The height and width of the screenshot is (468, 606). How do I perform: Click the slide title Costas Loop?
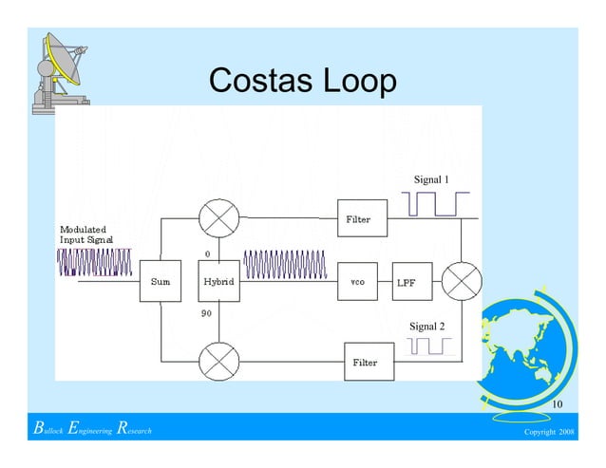pyautogui.click(x=302, y=82)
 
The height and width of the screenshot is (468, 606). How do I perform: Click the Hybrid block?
pyautogui.click(x=218, y=282)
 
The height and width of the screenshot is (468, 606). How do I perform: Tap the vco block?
pyautogui.click(x=358, y=282)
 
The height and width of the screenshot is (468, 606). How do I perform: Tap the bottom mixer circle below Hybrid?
pyautogui.click(x=219, y=361)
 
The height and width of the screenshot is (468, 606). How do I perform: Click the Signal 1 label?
pyautogui.click(x=431, y=179)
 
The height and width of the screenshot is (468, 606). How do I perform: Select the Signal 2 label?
pyautogui.click(x=426, y=327)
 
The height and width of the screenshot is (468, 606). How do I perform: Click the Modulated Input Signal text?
pyautogui.click(x=86, y=234)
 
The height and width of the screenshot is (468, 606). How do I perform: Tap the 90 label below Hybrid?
pyautogui.click(x=205, y=313)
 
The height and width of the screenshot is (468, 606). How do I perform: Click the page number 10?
pyautogui.click(x=559, y=406)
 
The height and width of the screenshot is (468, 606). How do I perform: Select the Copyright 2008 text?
pyautogui.click(x=549, y=433)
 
